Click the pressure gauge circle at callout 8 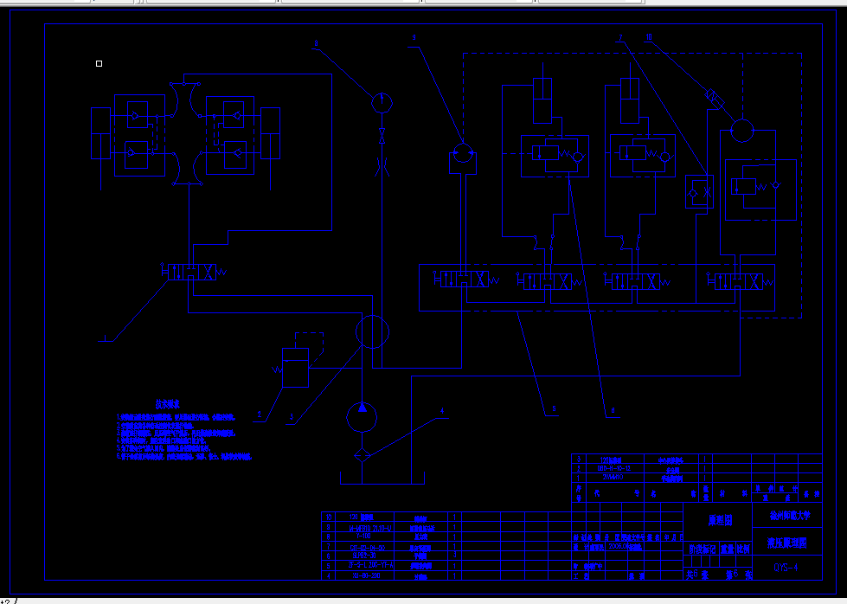pyautogui.click(x=380, y=102)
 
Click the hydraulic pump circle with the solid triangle pyautogui.click(x=362, y=416)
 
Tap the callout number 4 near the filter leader pyautogui.click(x=440, y=410)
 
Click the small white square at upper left pyautogui.click(x=99, y=63)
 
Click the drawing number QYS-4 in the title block pyautogui.click(x=786, y=568)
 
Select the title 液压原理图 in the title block pyautogui.click(x=786, y=543)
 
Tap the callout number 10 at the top pyautogui.click(x=649, y=37)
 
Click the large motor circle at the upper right pyautogui.click(x=741, y=131)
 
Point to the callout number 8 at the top pyautogui.click(x=316, y=42)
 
